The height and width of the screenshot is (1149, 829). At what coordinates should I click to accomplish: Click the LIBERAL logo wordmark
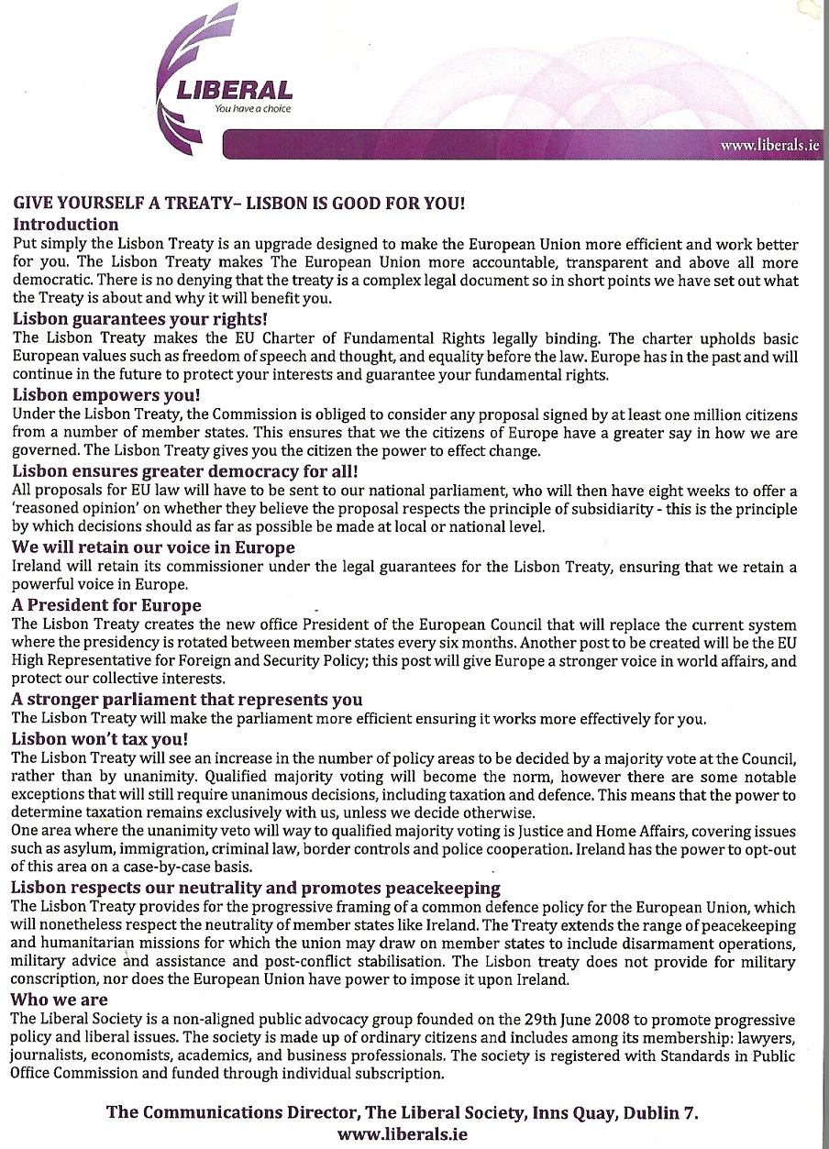click(x=237, y=91)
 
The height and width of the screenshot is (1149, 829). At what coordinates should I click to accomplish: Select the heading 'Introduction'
click(x=65, y=224)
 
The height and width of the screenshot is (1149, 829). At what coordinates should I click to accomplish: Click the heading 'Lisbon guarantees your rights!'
click(x=139, y=319)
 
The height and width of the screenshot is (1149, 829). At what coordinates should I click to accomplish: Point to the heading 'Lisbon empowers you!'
click(x=105, y=395)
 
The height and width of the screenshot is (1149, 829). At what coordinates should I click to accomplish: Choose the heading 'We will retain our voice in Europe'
click(x=153, y=547)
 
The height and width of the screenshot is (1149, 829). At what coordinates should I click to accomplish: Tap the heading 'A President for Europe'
click(x=106, y=605)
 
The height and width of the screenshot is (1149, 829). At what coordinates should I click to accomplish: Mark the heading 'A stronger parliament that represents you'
click(x=187, y=700)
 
